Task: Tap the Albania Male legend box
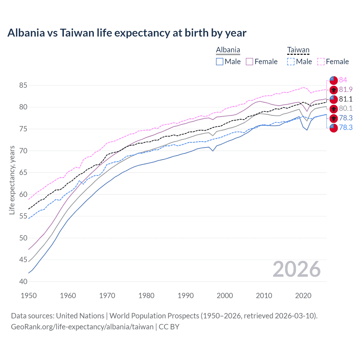click(220, 62)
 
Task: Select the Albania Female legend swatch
click(249, 62)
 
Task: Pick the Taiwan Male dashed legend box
click(291, 62)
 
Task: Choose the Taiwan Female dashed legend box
click(321, 62)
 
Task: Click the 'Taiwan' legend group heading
click(298, 50)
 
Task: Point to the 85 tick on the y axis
click(23, 85)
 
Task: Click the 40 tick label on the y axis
click(23, 282)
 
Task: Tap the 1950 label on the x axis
click(29, 296)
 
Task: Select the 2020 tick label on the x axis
click(303, 296)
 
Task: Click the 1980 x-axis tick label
click(146, 296)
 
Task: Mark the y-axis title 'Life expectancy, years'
click(12, 180)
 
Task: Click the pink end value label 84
click(343, 80)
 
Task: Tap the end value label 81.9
click(346, 89)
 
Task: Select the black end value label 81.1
click(346, 99)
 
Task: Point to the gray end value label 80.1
click(346, 109)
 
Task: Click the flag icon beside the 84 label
click(334, 80)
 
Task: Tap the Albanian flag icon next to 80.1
click(334, 109)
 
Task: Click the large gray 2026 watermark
click(296, 269)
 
